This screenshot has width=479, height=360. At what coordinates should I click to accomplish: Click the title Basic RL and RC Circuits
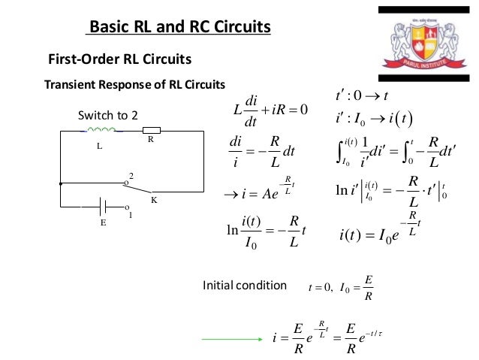pyautogui.click(x=179, y=29)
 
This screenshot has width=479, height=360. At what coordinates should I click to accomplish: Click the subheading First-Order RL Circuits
pyautogui.click(x=119, y=59)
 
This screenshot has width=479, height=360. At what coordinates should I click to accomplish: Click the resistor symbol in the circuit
pyautogui.click(x=152, y=131)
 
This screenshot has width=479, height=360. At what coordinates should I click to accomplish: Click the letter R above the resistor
pyautogui.click(x=150, y=140)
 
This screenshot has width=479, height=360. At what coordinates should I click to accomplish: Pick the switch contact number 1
pyautogui.click(x=131, y=215)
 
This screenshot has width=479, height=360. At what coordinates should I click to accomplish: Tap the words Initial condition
pyautogui.click(x=244, y=286)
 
